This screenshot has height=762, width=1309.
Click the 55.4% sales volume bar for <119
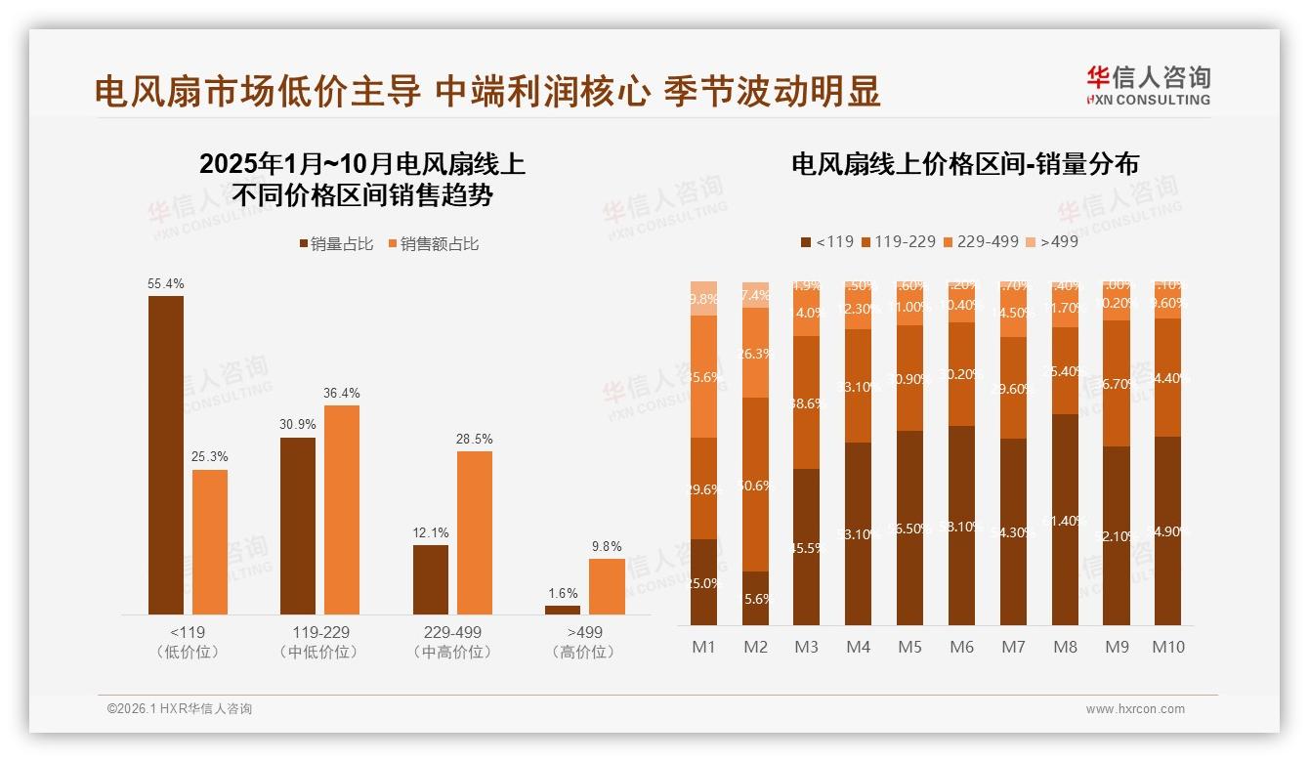[x=166, y=455]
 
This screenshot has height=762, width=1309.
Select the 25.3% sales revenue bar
[x=210, y=542]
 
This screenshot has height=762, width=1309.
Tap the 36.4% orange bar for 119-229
[x=342, y=510]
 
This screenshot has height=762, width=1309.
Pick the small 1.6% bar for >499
[x=563, y=610]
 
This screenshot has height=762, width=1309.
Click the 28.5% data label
[x=475, y=440]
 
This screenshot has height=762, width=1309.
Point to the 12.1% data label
[x=431, y=532]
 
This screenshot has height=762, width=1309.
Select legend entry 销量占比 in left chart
[x=336, y=244]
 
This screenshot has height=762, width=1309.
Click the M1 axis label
[x=704, y=647]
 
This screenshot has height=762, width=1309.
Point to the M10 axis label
[x=1168, y=647]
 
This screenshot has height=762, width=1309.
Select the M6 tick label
[x=962, y=647]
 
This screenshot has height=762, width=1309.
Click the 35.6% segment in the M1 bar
[x=704, y=376]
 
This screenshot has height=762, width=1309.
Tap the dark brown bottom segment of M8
[x=1066, y=520]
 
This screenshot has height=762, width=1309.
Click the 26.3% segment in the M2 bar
[x=756, y=353]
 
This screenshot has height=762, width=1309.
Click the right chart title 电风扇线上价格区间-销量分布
[x=965, y=164]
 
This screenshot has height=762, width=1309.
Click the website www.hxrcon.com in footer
[x=1135, y=709]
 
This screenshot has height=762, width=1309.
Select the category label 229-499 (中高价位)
[x=452, y=642]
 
